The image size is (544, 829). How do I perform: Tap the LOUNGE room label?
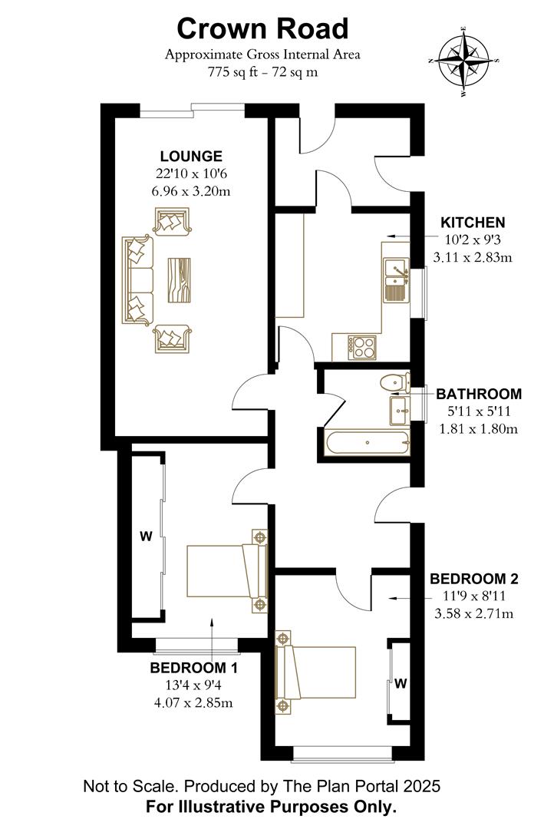click(x=191, y=157)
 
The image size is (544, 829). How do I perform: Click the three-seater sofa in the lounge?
click(x=137, y=280)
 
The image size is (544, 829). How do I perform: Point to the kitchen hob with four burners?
click(x=362, y=346)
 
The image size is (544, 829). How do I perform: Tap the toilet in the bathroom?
click(x=395, y=381)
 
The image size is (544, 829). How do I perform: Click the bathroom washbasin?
click(x=401, y=408)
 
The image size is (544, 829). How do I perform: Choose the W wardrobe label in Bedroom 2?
click(x=400, y=683)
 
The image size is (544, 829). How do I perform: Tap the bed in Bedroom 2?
click(x=315, y=672)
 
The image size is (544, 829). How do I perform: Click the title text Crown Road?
click(x=262, y=28)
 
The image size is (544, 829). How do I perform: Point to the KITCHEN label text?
click(x=473, y=223)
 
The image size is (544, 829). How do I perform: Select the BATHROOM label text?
click(x=479, y=395)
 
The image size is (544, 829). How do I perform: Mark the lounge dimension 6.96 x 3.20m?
click(x=191, y=190)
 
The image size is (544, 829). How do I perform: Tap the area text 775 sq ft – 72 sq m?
click(x=262, y=73)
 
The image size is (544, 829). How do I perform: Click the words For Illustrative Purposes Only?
click(x=272, y=807)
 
